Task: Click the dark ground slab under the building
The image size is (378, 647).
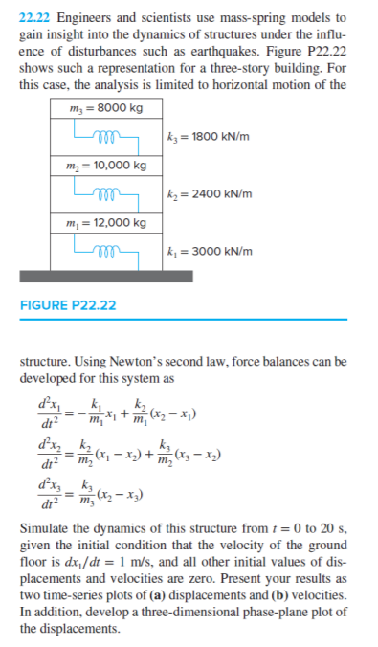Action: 106,273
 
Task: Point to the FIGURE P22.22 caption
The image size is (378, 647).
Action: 68,305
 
